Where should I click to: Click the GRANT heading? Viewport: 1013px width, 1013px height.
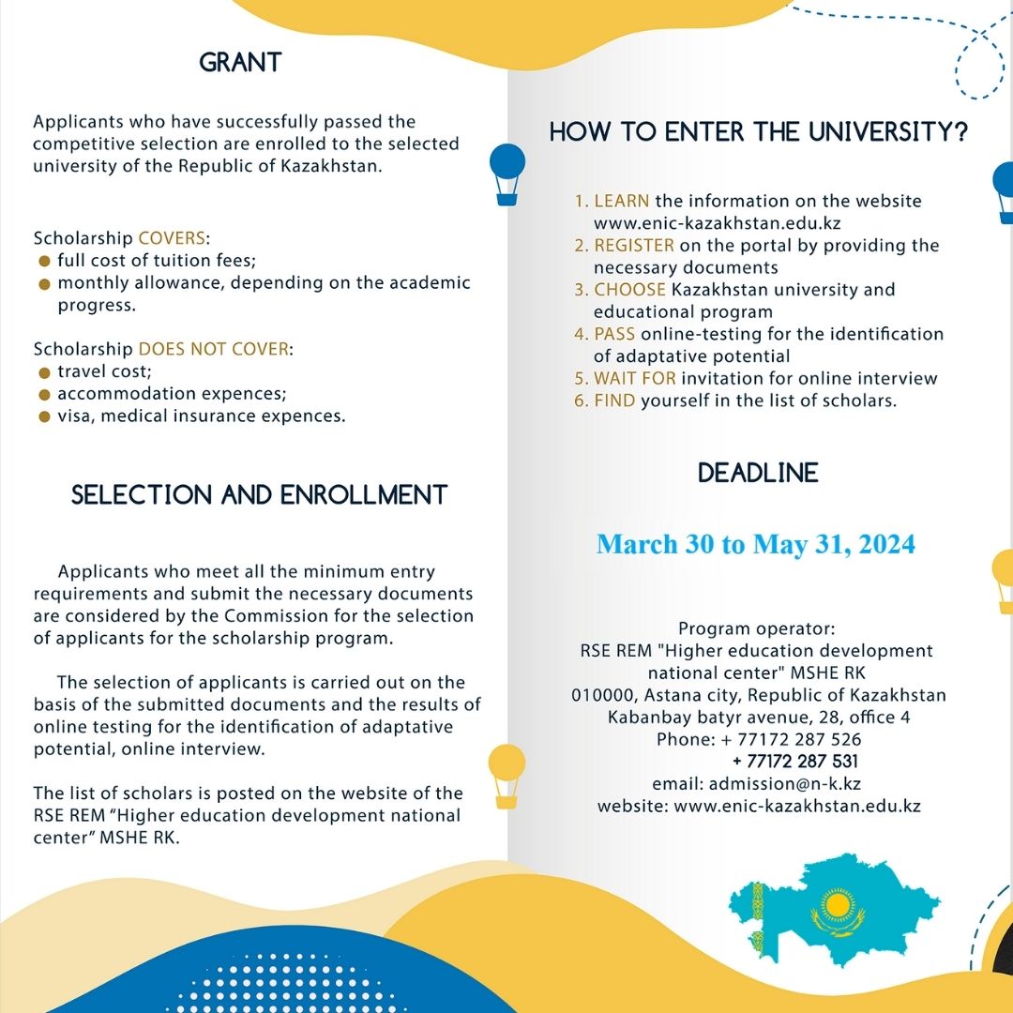click(240, 64)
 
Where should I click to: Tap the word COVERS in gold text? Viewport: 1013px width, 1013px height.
click(172, 238)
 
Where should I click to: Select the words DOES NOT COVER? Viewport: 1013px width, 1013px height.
click(215, 349)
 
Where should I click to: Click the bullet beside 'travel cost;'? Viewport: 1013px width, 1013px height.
click(43, 372)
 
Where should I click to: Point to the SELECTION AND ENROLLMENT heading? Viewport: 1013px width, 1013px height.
click(260, 495)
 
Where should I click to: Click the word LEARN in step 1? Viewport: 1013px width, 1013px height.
click(622, 202)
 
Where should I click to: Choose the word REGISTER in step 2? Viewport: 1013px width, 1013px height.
click(634, 246)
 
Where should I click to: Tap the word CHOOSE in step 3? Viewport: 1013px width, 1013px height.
click(630, 290)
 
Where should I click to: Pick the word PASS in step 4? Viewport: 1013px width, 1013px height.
click(614, 334)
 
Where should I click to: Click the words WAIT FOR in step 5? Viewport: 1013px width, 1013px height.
click(635, 379)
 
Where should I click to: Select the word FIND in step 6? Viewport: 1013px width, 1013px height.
click(615, 401)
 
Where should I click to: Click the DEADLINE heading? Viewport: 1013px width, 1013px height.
click(758, 473)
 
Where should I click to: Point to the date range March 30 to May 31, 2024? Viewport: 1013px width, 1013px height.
click(756, 544)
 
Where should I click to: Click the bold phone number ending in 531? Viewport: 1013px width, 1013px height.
click(795, 762)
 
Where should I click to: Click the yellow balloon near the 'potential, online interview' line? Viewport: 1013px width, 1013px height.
click(506, 771)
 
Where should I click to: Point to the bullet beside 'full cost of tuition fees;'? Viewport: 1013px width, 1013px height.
click(43, 261)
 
